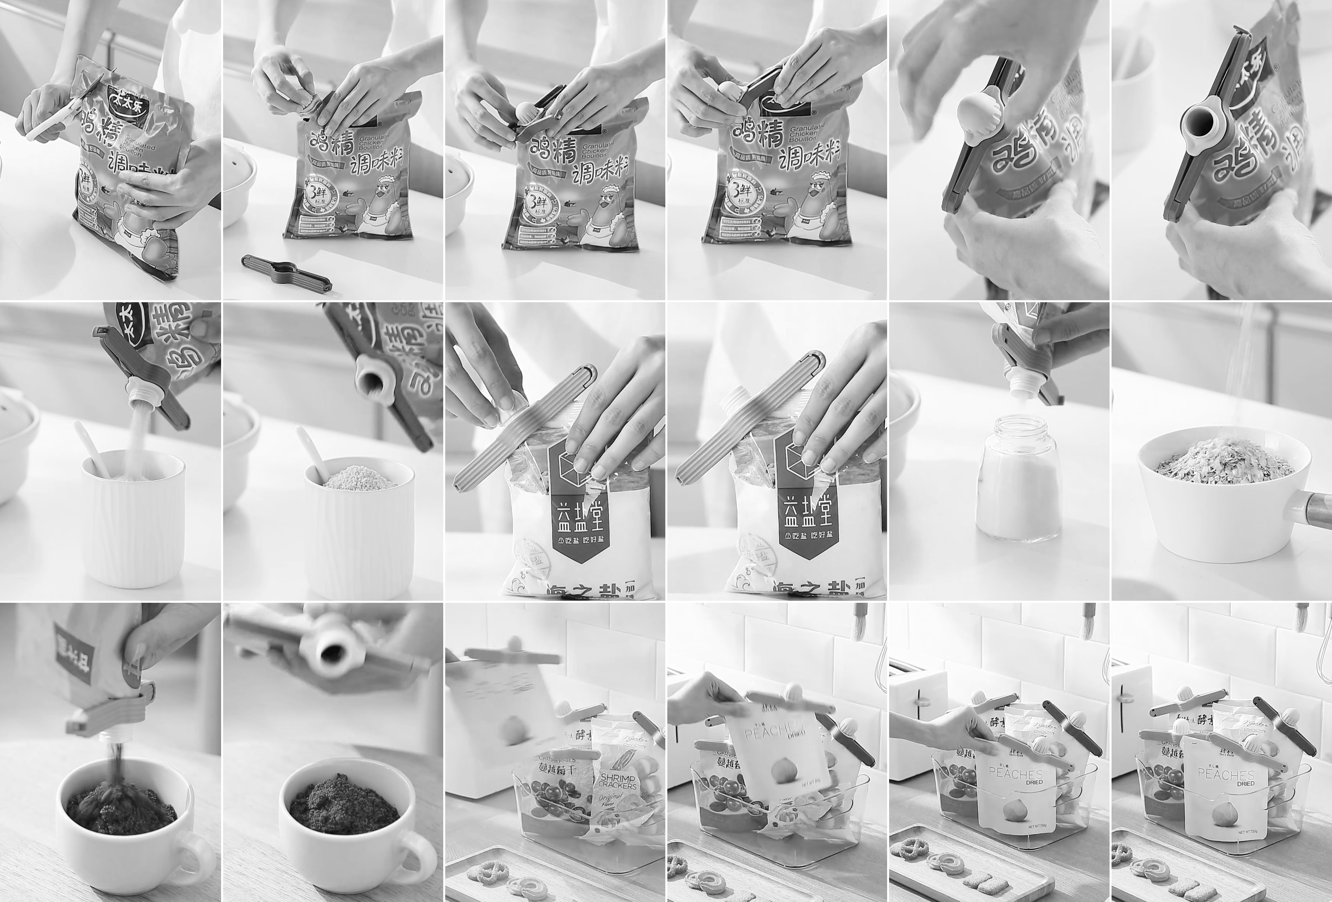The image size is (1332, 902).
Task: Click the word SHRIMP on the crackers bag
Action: coord(616,782)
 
